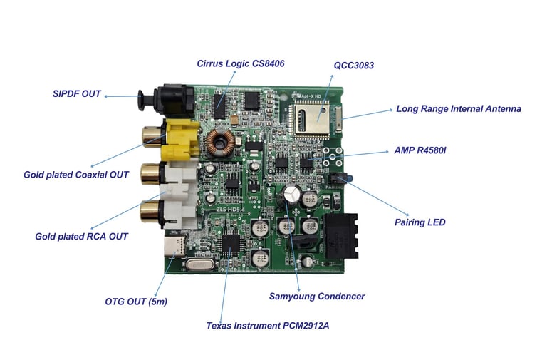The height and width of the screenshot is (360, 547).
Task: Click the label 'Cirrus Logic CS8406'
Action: [241, 63]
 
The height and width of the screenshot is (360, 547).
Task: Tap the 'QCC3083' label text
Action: [354, 65]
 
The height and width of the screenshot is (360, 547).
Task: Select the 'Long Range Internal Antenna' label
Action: [459, 109]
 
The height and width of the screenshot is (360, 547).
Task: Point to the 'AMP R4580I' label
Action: [425, 151]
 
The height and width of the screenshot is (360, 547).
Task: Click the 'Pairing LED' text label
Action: [420, 222]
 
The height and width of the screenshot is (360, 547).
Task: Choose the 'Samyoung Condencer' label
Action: [317, 296]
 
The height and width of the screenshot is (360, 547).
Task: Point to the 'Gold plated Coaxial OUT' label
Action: [76, 174]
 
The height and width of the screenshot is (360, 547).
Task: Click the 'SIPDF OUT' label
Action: [76, 93]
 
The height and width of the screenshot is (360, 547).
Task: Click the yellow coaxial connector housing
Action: [178, 139]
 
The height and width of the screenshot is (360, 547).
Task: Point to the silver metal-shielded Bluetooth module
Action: [314, 117]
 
